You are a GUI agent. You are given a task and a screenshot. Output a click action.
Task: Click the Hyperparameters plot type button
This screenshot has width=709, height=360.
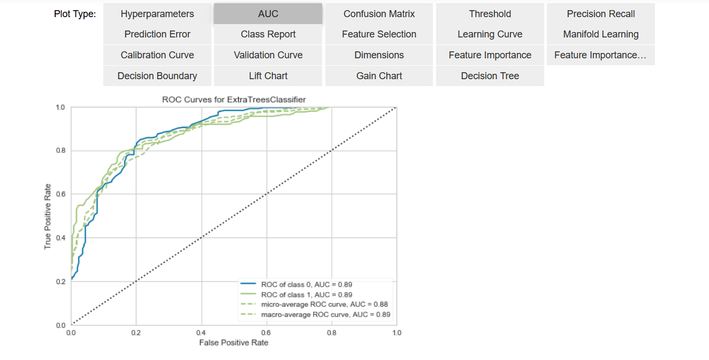(x=157, y=14)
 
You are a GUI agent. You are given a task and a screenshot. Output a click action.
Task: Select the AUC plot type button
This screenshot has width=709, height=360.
(x=268, y=14)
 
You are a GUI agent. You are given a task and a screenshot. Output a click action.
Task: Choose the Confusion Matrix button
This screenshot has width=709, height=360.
(x=379, y=14)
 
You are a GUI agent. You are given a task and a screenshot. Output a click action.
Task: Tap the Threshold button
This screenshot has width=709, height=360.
(x=490, y=14)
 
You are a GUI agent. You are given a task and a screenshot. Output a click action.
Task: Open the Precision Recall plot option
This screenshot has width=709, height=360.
(x=600, y=14)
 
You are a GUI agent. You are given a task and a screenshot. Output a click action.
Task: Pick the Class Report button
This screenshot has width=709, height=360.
(x=268, y=34)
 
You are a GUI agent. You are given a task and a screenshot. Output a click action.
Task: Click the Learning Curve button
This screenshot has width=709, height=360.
(x=490, y=34)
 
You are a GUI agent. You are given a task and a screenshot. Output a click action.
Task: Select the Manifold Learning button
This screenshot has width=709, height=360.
(x=600, y=34)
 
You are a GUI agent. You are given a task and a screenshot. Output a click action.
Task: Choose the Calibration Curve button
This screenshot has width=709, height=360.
(x=157, y=55)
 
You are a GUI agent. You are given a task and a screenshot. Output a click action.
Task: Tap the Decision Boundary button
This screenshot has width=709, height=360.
(x=157, y=76)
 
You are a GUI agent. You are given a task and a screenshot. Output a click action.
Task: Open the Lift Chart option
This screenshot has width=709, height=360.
(x=268, y=76)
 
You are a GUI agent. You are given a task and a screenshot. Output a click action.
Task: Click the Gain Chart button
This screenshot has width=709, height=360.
(x=379, y=76)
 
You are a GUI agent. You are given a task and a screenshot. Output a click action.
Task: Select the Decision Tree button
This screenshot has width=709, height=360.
(x=490, y=76)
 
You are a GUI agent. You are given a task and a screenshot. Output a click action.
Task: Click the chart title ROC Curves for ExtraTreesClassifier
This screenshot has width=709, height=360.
(x=234, y=99)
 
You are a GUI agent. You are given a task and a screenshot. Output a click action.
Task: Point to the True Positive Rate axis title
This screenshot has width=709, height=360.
(x=48, y=216)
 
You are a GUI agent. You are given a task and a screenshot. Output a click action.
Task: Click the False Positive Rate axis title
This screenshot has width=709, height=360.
(x=234, y=342)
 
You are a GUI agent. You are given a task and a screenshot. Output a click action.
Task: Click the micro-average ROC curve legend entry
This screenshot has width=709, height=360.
(x=321, y=305)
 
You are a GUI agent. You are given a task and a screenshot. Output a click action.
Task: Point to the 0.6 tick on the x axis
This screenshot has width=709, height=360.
(x=266, y=332)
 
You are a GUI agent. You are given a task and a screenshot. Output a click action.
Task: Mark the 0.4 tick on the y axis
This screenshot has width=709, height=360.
(x=61, y=238)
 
